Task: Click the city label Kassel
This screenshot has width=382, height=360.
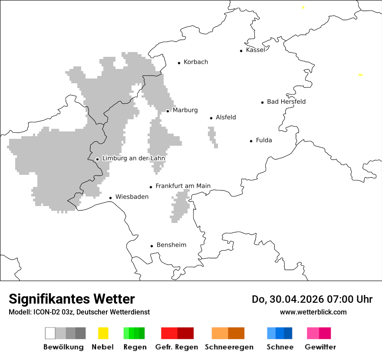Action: (255, 50)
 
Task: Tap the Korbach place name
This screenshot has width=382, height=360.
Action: (196, 62)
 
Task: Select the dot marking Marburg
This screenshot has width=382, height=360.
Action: (168, 111)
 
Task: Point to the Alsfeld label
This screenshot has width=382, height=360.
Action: (226, 117)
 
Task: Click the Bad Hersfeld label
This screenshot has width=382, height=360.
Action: (286, 101)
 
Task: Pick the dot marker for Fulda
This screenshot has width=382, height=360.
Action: (251, 141)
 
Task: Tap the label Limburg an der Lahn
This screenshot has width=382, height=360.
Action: (134, 158)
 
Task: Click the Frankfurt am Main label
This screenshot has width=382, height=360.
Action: (183, 186)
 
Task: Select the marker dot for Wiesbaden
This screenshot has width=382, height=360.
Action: (110, 198)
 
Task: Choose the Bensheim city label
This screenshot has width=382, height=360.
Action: (171, 245)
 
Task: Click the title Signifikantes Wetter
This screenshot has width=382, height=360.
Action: (72, 299)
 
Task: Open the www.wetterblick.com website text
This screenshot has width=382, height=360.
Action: (313, 312)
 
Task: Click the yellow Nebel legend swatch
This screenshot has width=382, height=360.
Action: (103, 333)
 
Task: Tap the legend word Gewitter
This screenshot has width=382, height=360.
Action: (320, 347)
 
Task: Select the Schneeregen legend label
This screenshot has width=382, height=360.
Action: (229, 347)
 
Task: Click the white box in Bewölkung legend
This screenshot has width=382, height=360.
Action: (50, 333)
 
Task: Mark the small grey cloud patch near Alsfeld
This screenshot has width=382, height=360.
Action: (212, 135)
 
